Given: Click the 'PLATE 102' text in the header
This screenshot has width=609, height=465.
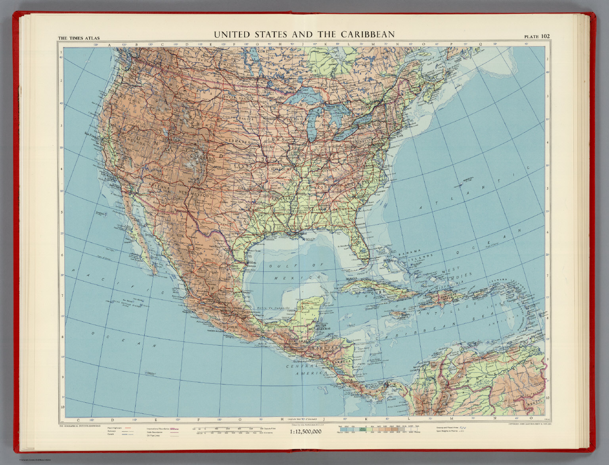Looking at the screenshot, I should click(x=537, y=37).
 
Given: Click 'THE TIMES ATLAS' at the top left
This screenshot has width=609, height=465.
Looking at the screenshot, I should click(x=79, y=38).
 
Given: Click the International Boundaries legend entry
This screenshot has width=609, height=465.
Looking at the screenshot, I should click(x=159, y=428).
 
